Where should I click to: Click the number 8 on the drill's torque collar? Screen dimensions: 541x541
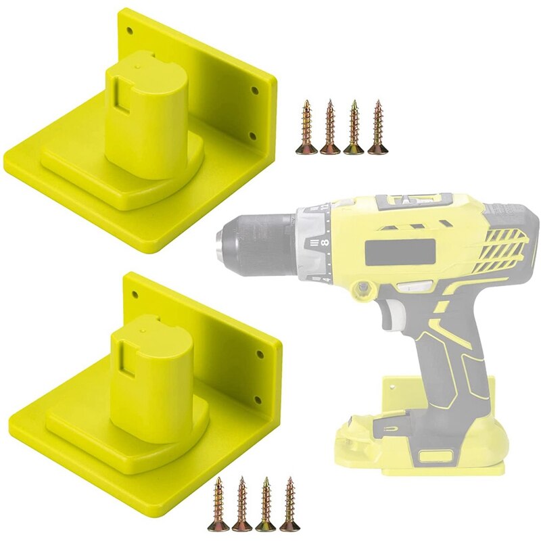click(x=325, y=241)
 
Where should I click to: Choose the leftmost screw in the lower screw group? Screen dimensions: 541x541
click(x=219, y=504)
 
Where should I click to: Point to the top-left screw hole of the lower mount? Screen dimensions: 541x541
click(x=134, y=295)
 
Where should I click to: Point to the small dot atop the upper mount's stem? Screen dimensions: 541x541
click(x=138, y=68)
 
